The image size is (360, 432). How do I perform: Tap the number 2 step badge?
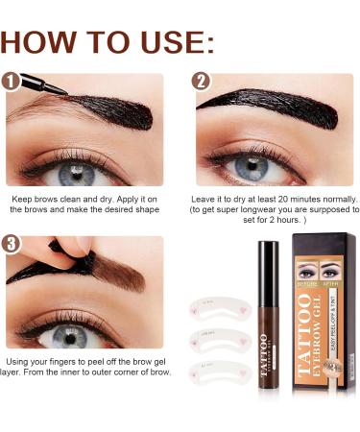click(201, 82)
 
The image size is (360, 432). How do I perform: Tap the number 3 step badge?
click(13, 245)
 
